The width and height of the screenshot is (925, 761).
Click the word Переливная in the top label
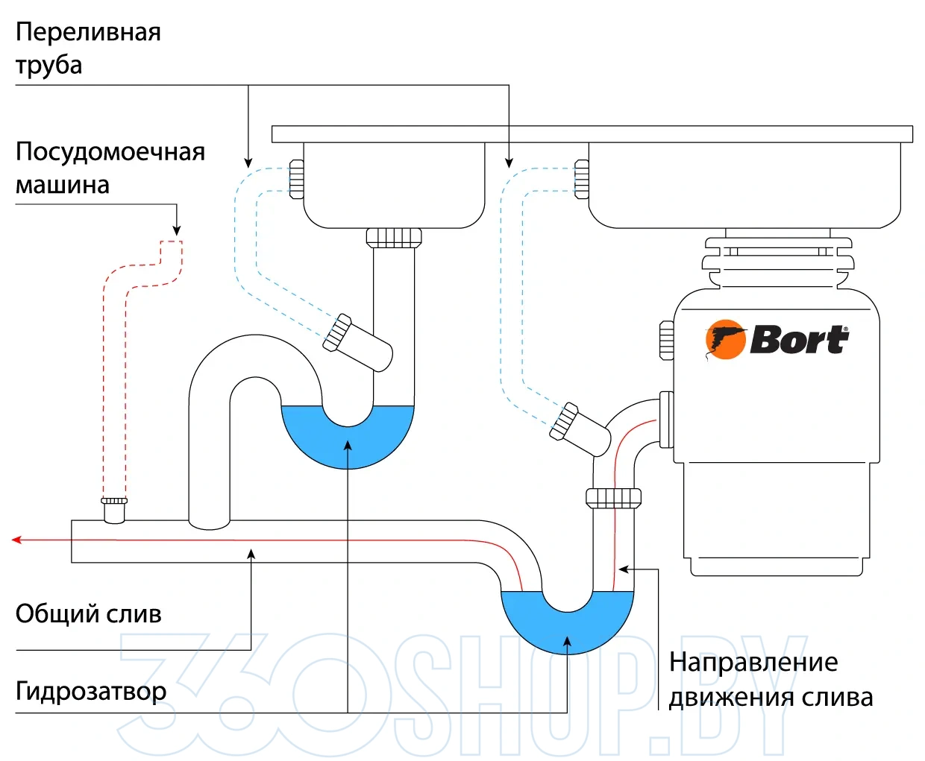click(88, 32)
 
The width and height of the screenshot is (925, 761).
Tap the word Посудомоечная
click(110, 151)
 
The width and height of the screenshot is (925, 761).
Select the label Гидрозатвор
click(91, 691)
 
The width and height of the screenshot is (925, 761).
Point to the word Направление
click(753, 662)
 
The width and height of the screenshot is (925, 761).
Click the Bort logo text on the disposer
click(798, 340)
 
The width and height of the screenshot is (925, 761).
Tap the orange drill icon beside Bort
click(725, 340)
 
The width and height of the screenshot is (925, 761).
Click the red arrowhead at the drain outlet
click(16, 540)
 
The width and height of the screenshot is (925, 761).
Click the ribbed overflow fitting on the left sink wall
click(296, 179)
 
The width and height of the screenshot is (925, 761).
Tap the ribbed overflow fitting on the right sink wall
click(581, 179)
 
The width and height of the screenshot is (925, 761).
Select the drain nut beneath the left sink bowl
click(394, 238)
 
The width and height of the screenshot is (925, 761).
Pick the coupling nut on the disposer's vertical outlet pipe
click(613, 498)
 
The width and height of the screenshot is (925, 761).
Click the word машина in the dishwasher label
click(62, 185)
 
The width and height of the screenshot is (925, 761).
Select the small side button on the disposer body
click(667, 341)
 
